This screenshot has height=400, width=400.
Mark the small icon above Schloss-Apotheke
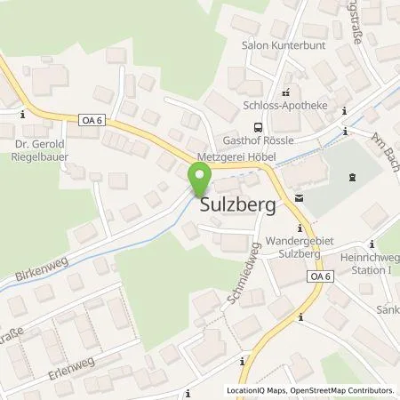pos(285,91)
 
